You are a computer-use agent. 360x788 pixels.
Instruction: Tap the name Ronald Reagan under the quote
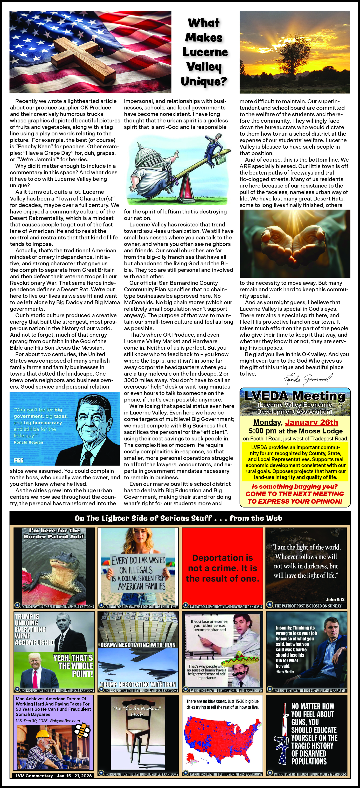tap(29, 442)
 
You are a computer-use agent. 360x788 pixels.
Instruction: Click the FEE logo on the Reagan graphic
tap(18, 460)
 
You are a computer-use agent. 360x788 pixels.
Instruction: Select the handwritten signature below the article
tap(307, 379)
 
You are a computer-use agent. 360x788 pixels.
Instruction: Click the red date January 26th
tap(311, 423)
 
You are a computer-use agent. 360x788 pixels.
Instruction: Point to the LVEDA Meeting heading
tap(295, 396)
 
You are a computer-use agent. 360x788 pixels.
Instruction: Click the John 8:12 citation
tap(335, 600)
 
